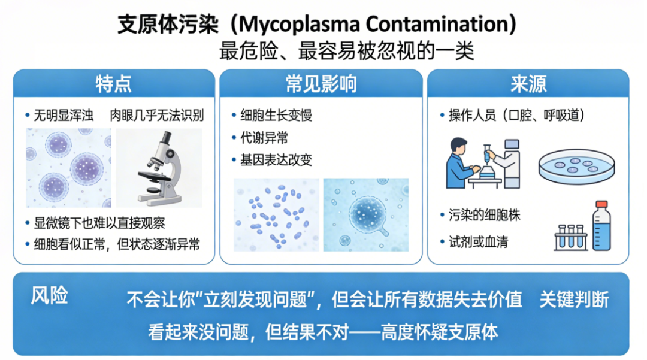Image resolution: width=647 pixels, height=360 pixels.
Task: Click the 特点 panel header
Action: click(114, 84)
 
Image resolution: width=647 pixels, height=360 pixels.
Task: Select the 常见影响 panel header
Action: click(321, 84)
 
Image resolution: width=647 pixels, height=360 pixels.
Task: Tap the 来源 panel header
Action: click(528, 84)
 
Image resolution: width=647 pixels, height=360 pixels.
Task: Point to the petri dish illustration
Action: click(576, 166)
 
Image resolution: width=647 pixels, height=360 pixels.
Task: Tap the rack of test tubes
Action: click(571, 238)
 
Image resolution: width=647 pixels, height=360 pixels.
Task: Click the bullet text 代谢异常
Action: click(264, 138)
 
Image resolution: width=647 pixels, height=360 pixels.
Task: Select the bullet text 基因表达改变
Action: click(276, 159)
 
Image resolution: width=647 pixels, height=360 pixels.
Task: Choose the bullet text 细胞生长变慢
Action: click(276, 115)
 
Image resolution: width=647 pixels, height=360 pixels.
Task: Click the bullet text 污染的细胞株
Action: click(485, 215)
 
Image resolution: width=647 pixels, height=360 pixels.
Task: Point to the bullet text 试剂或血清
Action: click(478, 241)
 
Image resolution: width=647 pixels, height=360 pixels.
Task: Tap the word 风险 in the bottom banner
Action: click(50, 296)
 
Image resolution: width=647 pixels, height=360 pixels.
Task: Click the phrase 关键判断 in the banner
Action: click(575, 300)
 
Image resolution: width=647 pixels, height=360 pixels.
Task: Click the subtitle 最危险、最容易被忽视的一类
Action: click(347, 51)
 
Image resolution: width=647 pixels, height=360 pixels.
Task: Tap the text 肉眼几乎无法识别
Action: click(157, 115)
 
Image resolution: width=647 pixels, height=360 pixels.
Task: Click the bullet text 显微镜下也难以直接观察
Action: click(99, 223)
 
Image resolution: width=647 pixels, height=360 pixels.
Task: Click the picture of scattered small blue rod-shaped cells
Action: click(276, 215)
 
